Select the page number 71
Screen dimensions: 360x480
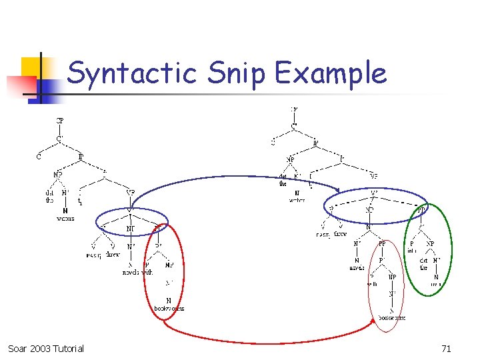(446, 349)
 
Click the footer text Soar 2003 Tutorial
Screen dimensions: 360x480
(46, 349)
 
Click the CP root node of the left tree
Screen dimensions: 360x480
(59, 121)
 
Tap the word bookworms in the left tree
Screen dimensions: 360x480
(169, 308)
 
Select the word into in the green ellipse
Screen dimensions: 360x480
(411, 251)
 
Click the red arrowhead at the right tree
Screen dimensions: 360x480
(374, 321)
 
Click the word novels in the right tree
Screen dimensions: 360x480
(357, 268)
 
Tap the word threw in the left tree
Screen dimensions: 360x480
(113, 255)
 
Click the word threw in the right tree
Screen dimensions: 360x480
(340, 235)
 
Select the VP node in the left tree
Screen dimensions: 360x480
(131, 193)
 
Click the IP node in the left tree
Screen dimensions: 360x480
(81, 157)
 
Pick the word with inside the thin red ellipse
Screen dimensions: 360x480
(372, 284)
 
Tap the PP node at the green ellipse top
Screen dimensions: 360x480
(421, 210)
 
